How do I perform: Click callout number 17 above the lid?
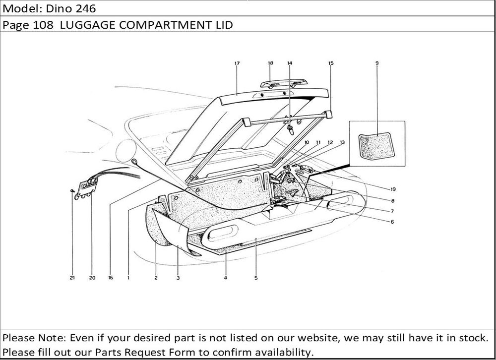pos(237,63)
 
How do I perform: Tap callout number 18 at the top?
pos(270,63)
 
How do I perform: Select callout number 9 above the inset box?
pos(377,63)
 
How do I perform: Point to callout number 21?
pos(72,278)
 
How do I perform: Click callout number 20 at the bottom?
pos(92,278)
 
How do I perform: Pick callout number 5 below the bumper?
pos(256,278)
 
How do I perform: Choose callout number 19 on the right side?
pos(393,189)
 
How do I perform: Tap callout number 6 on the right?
pos(392,222)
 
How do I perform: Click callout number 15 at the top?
pos(331,63)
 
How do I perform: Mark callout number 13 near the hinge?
pos(342,142)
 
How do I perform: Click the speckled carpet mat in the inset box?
pos(377,146)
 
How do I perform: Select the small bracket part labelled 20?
pos(86,189)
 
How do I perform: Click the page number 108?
pos(43,25)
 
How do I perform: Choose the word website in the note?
pos(317,338)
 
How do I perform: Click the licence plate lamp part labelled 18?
pos(284,83)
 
